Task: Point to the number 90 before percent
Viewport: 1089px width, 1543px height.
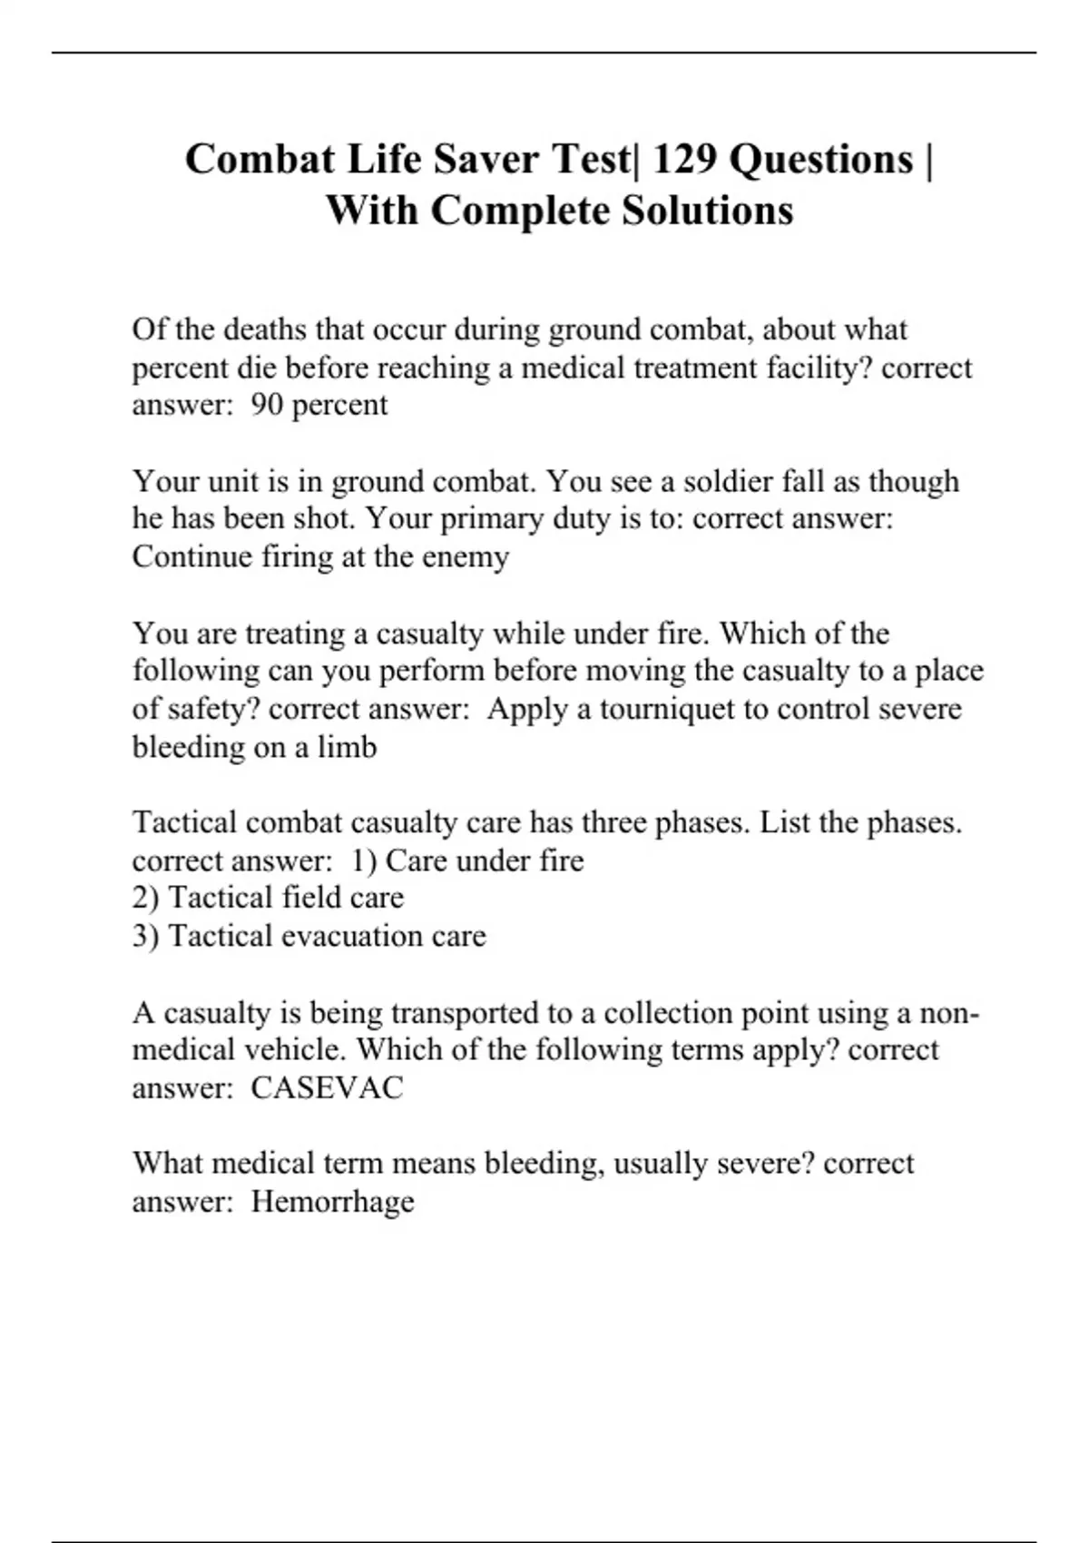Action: point(267,405)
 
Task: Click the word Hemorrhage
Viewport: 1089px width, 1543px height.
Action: point(332,1202)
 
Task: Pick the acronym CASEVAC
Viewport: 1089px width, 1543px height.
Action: point(327,1087)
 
